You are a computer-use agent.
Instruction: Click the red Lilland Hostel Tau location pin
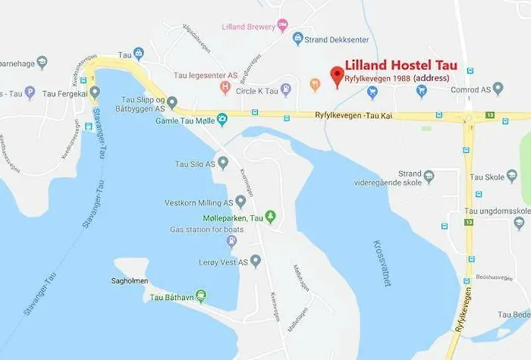337,77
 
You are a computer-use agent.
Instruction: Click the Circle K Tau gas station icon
285,89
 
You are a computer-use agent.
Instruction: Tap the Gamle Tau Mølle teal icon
222,119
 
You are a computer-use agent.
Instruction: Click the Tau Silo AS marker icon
224,163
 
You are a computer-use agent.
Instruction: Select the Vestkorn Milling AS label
199,202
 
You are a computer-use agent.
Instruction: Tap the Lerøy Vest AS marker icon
256,261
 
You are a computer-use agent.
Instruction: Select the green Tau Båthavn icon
201,296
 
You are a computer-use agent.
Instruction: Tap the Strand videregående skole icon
429,177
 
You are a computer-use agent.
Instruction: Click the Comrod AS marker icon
498,89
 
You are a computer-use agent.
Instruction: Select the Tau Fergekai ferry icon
94,92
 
